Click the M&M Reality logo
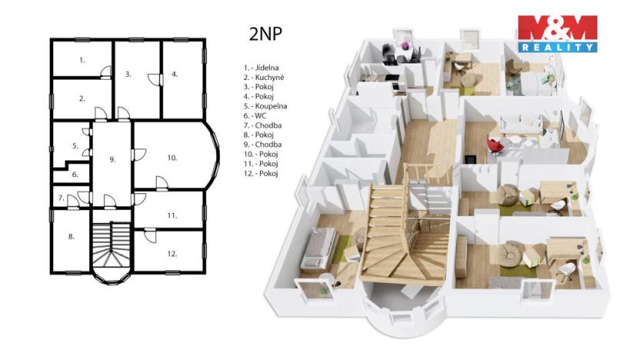tap(557, 35)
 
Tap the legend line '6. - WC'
tap(257, 115)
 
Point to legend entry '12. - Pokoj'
tap(261, 174)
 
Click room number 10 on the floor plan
tap(172, 157)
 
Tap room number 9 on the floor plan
tap(112, 159)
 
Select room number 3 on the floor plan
tap(128, 75)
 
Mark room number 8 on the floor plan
tap(71, 237)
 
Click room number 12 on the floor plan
tap(172, 253)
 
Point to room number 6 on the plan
tap(75, 175)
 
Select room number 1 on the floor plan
tap(82, 59)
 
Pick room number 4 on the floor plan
tap(175, 75)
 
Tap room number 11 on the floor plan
tap(172, 216)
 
